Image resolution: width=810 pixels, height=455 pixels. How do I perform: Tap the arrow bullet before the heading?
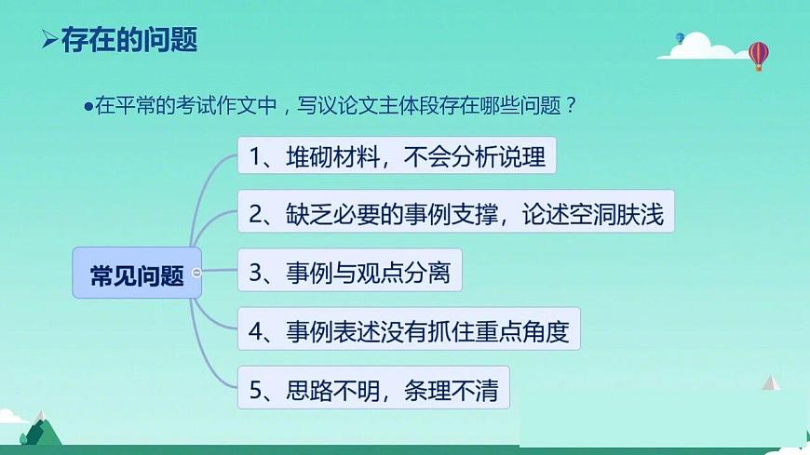click(x=49, y=40)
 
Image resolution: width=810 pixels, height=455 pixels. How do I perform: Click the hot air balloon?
click(x=759, y=54)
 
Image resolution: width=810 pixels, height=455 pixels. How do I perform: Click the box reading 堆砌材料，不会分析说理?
click(x=397, y=154)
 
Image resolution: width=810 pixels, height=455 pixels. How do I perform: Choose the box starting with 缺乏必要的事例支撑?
click(x=456, y=214)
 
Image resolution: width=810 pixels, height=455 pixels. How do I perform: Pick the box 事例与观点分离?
click(x=350, y=273)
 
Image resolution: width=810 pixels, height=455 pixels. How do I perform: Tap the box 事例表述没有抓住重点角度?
click(x=409, y=330)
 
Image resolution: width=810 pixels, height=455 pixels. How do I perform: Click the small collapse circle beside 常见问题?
click(x=196, y=273)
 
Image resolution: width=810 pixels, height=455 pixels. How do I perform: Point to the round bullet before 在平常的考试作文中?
click(x=89, y=105)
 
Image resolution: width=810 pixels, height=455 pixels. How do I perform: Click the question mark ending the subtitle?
click(x=571, y=104)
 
